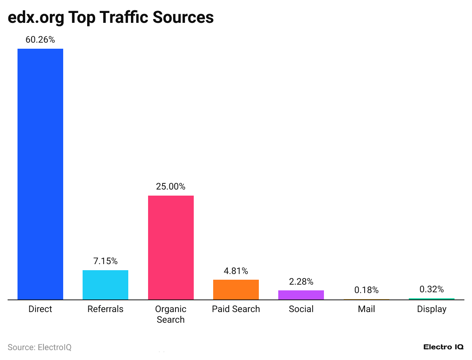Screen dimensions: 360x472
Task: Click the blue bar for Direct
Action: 40,174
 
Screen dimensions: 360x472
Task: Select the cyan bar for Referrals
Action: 105,285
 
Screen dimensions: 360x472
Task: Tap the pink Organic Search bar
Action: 171,247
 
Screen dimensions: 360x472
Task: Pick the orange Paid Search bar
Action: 236,290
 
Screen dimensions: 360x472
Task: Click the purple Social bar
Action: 301,295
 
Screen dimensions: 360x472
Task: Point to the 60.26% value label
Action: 40,40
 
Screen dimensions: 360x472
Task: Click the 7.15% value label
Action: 105,261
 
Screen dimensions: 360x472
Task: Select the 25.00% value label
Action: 171,186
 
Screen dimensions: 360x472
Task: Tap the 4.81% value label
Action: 236,271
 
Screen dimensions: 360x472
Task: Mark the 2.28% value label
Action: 301,282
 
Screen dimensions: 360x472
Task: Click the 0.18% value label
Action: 366,290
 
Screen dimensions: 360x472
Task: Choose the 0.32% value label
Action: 432,289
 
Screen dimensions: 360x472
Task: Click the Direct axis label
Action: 40,309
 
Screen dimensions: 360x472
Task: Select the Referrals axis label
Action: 105,309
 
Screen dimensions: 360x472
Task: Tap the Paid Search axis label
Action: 236,309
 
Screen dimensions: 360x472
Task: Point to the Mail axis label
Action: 366,309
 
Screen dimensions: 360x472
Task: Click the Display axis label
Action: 432,309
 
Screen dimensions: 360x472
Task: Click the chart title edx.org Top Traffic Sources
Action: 111,18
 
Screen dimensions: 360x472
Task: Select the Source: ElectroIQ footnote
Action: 40,347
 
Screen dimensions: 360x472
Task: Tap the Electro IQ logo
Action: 443,347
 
